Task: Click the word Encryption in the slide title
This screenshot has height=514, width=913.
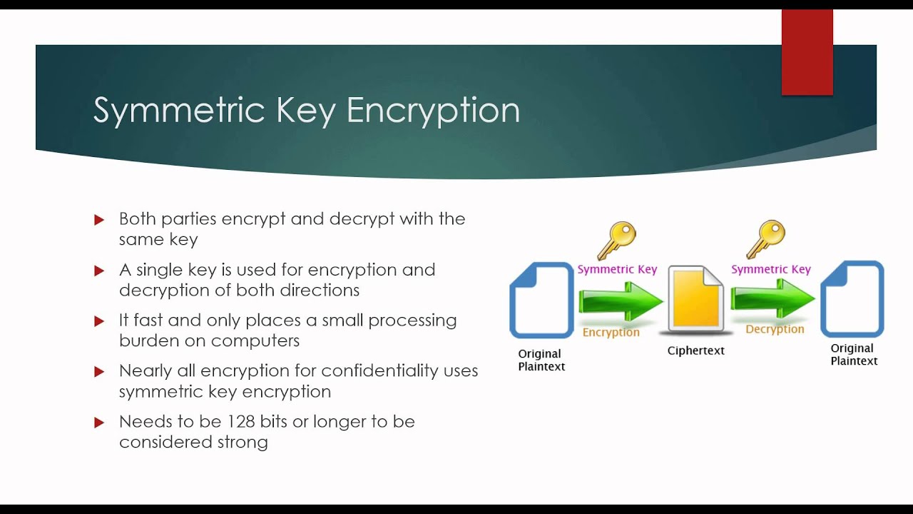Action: coord(433,111)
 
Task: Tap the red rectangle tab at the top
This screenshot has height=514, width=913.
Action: coord(807,52)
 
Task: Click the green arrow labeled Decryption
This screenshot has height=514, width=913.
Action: coord(772,298)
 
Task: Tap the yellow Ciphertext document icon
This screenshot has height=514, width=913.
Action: coord(695,301)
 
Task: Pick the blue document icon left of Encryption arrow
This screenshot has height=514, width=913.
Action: coord(541,300)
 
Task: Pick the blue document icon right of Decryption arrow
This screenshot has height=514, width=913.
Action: coord(852,298)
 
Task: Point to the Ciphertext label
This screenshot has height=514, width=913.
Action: coord(695,351)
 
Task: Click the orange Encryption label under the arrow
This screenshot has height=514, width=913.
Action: coord(611,333)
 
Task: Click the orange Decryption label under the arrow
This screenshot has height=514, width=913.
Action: coord(775,329)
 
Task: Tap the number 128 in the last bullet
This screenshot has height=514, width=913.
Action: coord(240,422)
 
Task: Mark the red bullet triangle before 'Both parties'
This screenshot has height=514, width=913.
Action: coord(99,220)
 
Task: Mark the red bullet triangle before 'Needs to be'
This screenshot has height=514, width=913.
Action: coord(99,423)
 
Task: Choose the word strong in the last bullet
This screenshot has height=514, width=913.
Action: coord(243,443)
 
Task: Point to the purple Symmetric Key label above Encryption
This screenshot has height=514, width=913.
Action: coord(617,269)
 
